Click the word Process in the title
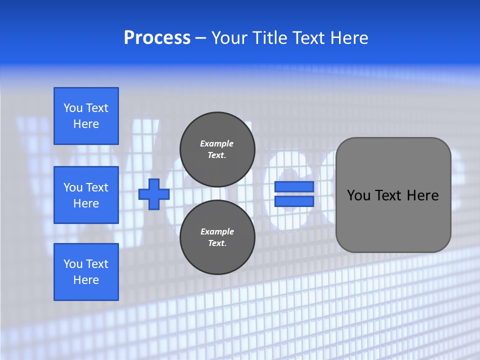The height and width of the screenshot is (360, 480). point(157,38)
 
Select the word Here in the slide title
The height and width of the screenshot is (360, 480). point(346,38)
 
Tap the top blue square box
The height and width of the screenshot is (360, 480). point(86,116)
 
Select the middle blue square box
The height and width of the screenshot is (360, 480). point(86,195)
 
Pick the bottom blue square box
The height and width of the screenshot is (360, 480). point(86,271)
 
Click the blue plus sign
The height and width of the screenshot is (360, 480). point(153,194)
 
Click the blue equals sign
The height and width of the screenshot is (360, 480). point(294,194)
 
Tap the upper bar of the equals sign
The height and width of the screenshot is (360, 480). point(294,187)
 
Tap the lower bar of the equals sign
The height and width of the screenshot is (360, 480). point(294,201)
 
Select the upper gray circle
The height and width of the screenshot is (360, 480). point(217,149)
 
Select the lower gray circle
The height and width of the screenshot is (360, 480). point(217,237)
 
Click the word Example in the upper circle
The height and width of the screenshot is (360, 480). point(216,143)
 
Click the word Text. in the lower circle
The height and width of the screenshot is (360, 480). point(217,243)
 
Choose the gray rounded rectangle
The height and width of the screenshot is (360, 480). point(393,195)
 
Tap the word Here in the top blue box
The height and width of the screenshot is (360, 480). point(86,124)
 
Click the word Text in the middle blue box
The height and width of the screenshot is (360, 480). point(97,187)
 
